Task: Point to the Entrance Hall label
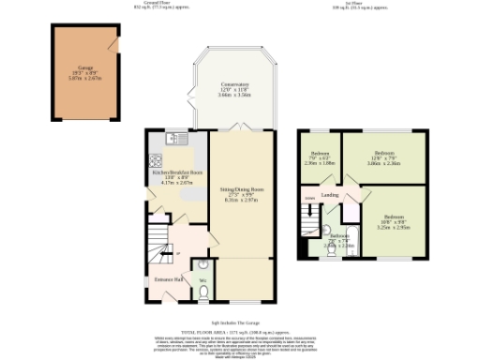[x=167, y=280]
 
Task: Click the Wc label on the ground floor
[x=202, y=279]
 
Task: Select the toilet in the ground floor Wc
[x=203, y=292]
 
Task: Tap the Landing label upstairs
[x=329, y=195]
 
